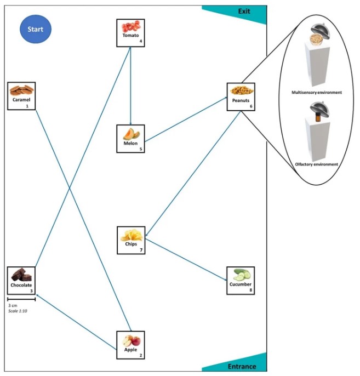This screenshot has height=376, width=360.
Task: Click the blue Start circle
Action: click(36, 29)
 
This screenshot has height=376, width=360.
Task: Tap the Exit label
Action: click(244, 12)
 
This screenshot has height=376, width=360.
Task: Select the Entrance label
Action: click(242, 366)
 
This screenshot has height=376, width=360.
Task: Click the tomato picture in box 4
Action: click(130, 26)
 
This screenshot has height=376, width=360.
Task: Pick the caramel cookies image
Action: click(21, 90)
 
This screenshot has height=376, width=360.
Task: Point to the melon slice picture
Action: click(131, 134)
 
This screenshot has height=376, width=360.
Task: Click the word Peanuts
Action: click(241, 100)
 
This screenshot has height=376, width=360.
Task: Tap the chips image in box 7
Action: click(132, 235)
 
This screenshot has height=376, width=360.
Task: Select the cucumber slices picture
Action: click(241, 275)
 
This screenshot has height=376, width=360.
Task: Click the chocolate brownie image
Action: click(21, 275)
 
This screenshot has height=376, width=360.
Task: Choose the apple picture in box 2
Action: click(132, 341)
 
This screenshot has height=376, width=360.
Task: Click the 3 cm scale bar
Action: click(21, 299)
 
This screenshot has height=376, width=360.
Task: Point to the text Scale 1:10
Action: click(18, 311)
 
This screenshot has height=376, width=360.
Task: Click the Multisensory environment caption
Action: click(317, 92)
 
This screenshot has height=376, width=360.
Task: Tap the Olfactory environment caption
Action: click(316, 164)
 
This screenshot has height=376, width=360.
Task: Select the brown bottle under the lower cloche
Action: click(318, 117)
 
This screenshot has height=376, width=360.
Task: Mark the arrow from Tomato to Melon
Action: click(130, 86)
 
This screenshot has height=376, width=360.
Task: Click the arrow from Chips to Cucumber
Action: click(186, 259)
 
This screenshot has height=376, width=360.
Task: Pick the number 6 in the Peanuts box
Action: click(251, 106)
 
